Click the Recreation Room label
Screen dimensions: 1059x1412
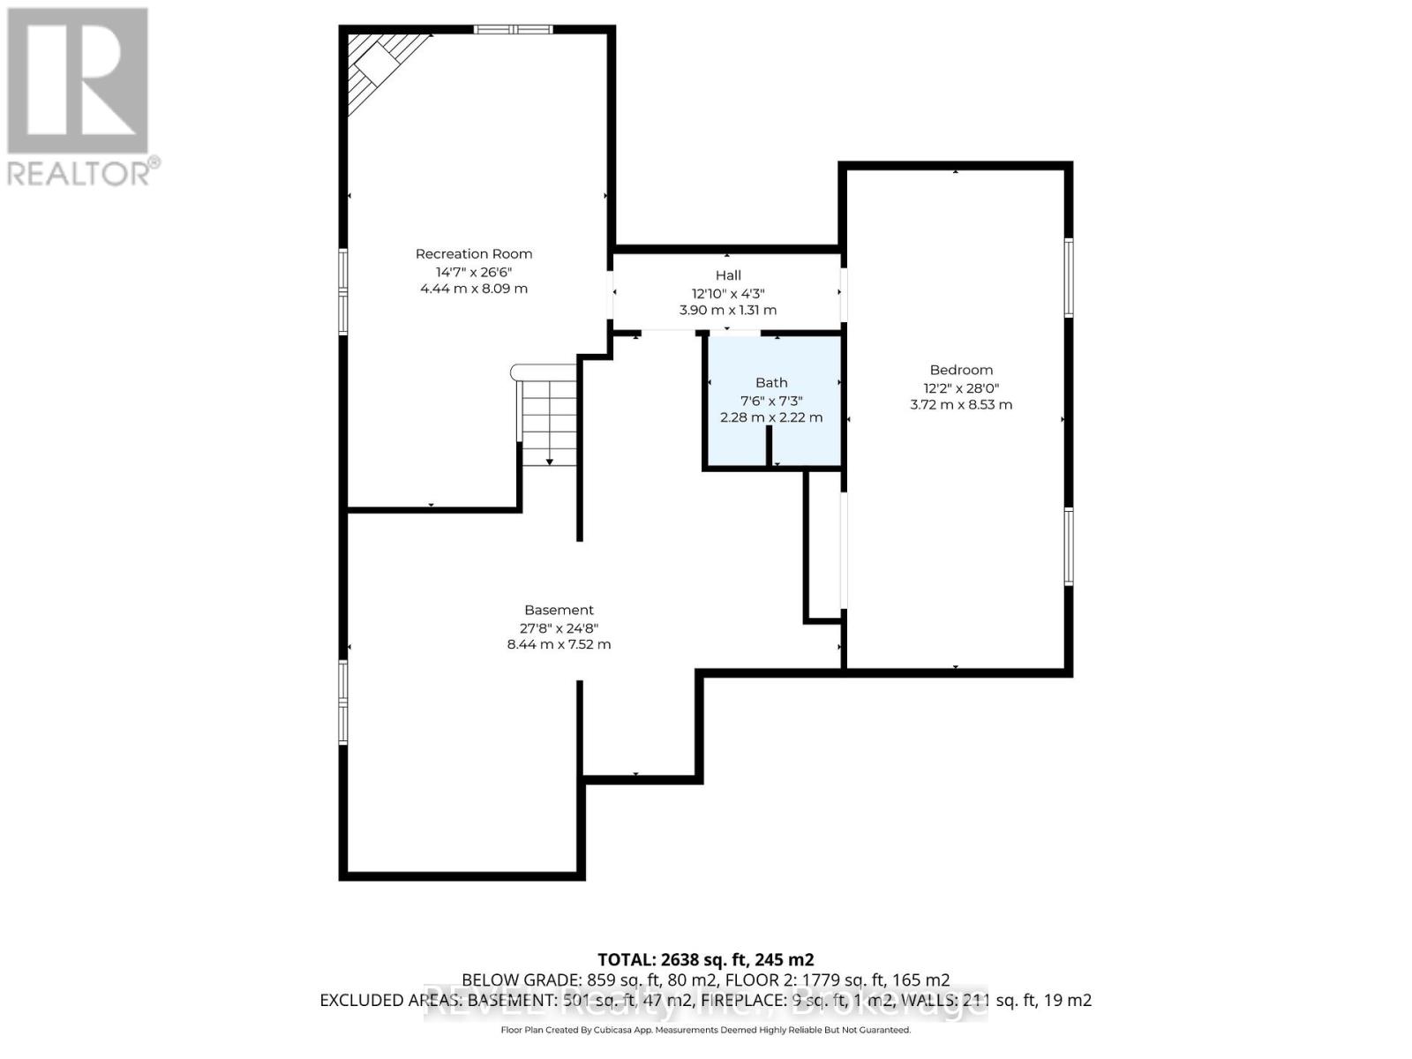coord(474,254)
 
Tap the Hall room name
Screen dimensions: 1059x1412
coord(728,275)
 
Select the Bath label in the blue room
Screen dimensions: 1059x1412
coord(771,382)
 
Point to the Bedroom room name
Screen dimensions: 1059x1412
coord(961,370)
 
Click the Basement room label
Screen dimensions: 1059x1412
coord(559,610)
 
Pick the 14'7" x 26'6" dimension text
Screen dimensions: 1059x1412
coord(474,272)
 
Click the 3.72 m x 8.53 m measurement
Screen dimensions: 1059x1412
coord(961,405)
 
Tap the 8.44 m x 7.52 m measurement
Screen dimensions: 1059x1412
coord(559,644)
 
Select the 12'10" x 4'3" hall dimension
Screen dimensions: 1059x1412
coord(728,293)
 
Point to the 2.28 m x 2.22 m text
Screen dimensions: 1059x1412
coord(771,417)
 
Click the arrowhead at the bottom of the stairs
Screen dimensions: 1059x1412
coord(550,461)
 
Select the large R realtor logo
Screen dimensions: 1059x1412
coord(78,80)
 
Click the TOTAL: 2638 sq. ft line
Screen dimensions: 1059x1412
coord(705,959)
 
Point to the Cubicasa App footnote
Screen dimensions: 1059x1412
coord(705,1030)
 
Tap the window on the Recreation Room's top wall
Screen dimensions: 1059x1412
coord(513,30)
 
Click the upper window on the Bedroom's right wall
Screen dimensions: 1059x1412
coord(1068,277)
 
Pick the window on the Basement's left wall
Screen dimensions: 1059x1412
coord(343,701)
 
